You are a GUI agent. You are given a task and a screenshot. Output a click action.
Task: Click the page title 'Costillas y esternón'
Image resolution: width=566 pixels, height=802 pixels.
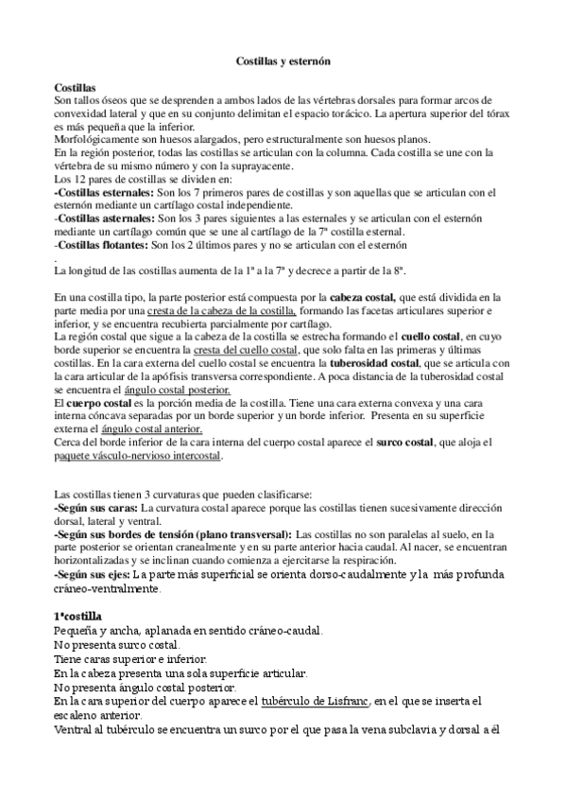click(x=283, y=60)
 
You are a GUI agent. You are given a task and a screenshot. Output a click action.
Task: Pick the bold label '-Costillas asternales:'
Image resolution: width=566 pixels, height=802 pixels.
click(x=98, y=217)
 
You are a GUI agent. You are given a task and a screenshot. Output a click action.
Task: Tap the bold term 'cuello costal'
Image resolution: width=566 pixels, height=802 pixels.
click(x=428, y=336)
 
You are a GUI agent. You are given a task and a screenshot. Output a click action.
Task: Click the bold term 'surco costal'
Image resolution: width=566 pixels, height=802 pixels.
click(x=403, y=443)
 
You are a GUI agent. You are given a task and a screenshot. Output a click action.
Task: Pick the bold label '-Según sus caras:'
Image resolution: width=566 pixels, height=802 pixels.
click(x=94, y=508)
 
